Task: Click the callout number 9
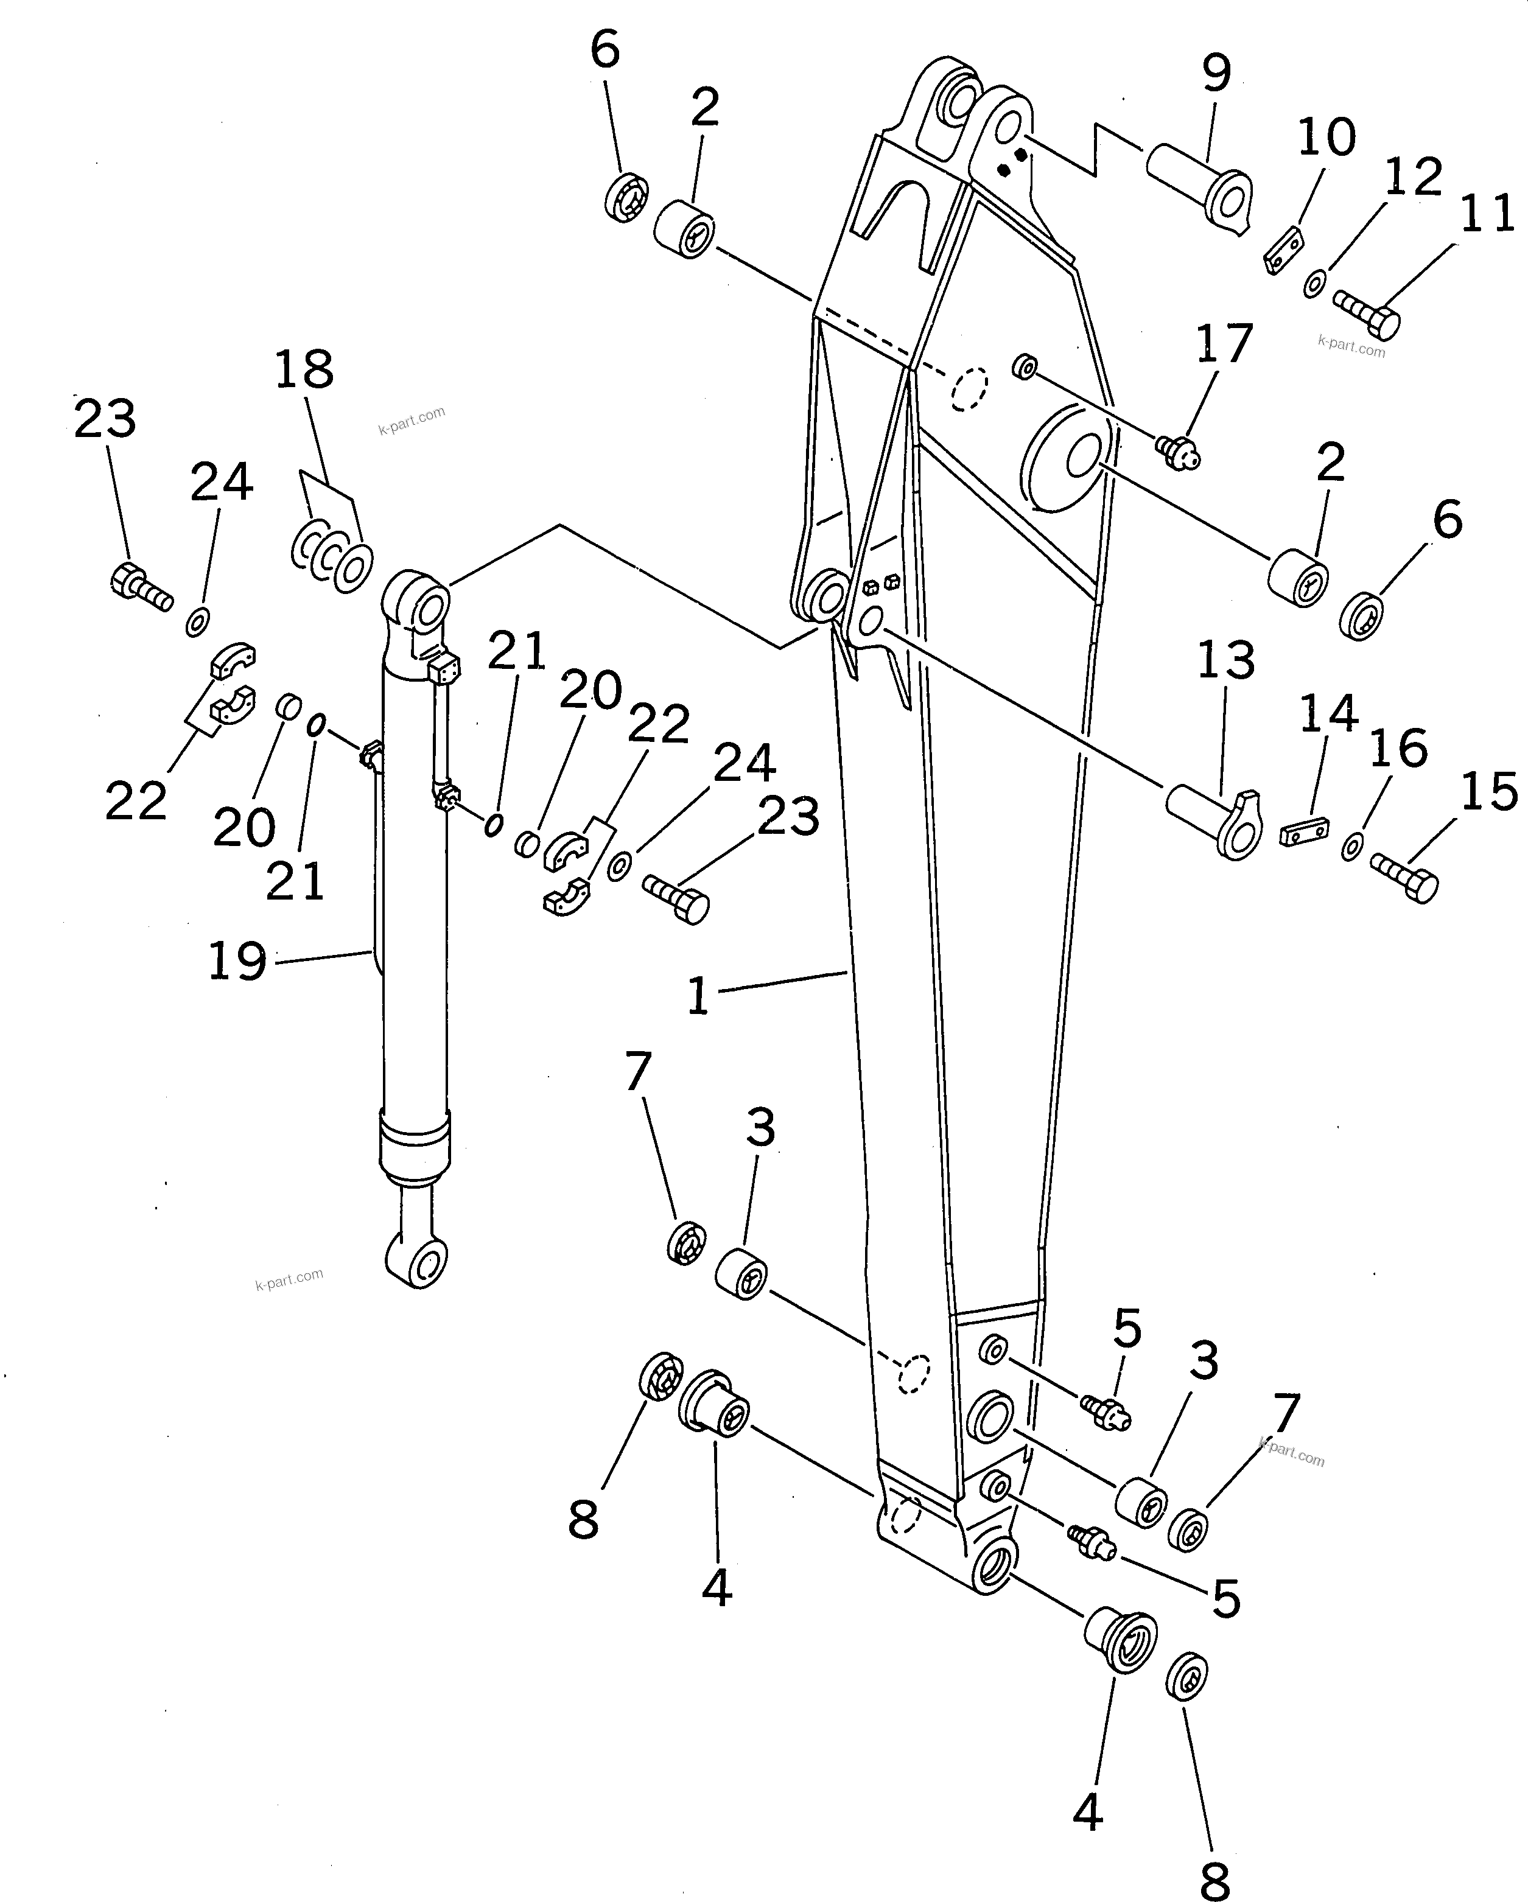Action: (1216, 72)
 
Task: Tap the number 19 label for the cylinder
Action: (236, 960)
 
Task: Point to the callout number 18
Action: (304, 369)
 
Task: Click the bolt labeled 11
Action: (1367, 314)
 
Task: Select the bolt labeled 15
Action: (1404, 876)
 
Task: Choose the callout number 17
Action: (1224, 343)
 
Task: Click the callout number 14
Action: (1328, 714)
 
